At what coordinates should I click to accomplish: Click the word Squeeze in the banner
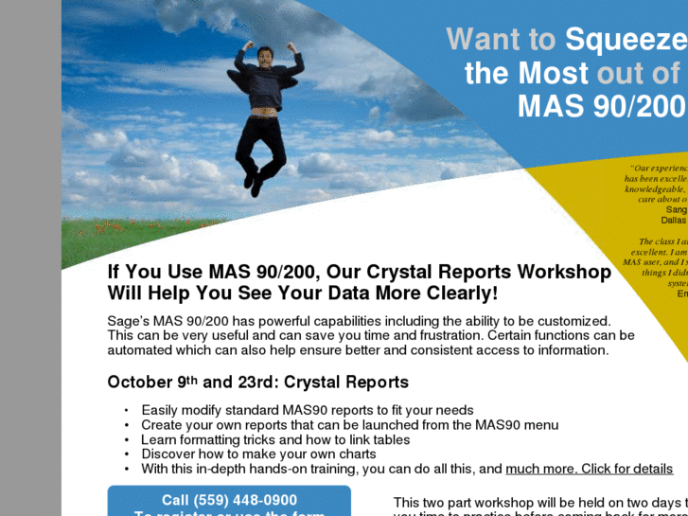click(x=626, y=39)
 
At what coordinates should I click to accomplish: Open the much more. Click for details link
click(x=589, y=469)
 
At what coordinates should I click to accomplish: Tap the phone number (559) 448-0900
click(x=229, y=500)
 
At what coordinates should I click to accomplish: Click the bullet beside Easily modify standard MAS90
click(x=126, y=411)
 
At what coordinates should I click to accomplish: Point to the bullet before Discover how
click(x=126, y=454)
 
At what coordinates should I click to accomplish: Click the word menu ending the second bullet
click(x=539, y=425)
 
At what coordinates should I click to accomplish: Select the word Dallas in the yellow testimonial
click(x=674, y=220)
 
